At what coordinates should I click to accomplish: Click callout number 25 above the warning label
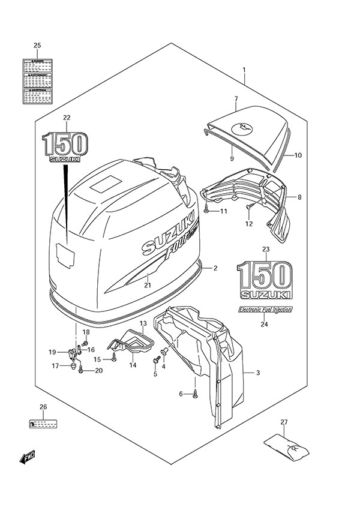click(x=37, y=46)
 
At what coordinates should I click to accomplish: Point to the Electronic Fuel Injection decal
click(x=263, y=310)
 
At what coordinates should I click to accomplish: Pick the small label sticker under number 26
click(x=43, y=425)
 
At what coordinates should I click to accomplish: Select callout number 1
click(x=244, y=70)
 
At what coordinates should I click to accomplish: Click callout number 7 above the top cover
click(x=236, y=98)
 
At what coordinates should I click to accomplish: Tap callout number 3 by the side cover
click(x=257, y=373)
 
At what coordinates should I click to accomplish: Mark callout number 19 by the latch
click(x=52, y=352)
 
